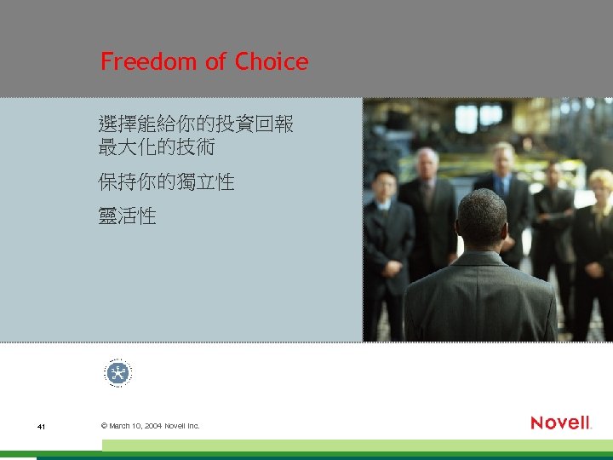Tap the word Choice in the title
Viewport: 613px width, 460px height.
(272, 62)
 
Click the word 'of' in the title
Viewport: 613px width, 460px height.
(217, 62)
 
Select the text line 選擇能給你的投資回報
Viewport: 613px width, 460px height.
(196, 124)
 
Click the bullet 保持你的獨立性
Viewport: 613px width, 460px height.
(166, 182)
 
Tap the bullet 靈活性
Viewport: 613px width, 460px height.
(127, 216)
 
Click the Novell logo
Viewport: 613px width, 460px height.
(560, 423)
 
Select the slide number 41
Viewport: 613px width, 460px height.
(41, 426)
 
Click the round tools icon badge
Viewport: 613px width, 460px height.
(118, 373)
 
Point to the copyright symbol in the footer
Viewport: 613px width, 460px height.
(104, 426)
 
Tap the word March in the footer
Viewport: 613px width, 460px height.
(119, 426)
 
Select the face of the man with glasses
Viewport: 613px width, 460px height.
(385, 185)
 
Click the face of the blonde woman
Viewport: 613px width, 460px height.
(600, 189)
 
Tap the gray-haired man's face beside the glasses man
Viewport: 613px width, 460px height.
(427, 164)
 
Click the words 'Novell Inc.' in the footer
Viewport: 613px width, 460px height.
(183, 426)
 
